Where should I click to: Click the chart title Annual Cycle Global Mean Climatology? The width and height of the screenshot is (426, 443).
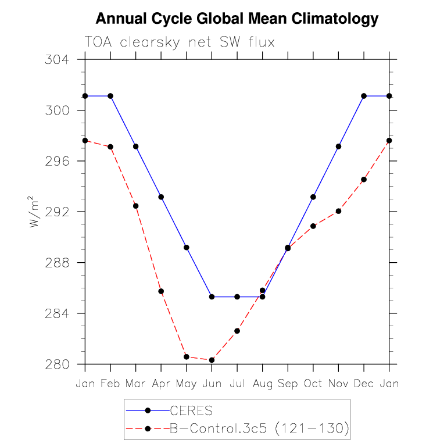point(237,19)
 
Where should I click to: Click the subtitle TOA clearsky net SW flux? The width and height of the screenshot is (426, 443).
point(180,42)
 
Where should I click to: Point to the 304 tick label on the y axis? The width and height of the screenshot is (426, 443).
point(57,60)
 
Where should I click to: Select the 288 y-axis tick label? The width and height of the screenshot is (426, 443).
point(57,263)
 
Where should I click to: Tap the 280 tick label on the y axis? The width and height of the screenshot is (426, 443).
point(57,365)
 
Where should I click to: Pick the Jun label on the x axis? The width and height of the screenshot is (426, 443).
point(212,384)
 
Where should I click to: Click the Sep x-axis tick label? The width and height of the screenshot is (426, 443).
point(288,384)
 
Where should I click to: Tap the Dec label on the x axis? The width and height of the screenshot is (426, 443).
point(364,384)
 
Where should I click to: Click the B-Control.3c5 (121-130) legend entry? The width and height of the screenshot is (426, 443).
point(259,429)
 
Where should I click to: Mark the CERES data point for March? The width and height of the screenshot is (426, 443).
point(136,147)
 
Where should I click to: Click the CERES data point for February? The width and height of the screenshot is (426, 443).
point(110,96)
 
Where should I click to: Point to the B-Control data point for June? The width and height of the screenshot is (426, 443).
point(212,360)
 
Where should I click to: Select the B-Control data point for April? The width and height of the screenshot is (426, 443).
point(161,291)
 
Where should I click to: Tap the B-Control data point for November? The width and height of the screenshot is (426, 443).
point(338,211)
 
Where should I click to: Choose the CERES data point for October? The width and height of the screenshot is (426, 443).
point(313,197)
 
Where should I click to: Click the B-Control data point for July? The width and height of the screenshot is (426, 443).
point(237,331)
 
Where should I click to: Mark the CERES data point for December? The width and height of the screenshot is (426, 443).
point(364,96)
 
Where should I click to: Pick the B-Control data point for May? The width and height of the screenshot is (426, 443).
point(187,357)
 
